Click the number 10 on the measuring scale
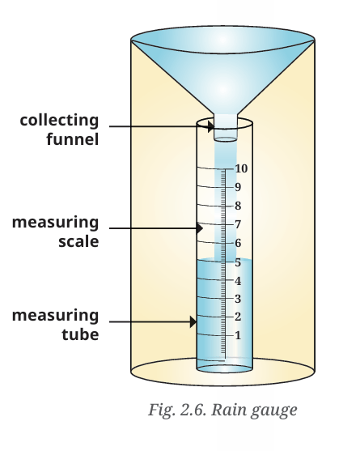[x=241, y=168]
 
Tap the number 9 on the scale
[x=238, y=187]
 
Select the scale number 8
[x=238, y=206]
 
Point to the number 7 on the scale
[x=238, y=224]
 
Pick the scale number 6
[x=238, y=243]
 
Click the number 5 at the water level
[x=238, y=262]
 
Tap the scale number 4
[x=238, y=281]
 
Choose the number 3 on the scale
[x=238, y=299]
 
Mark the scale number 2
[x=238, y=317]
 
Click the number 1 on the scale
[x=238, y=335]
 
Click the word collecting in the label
[x=60, y=121]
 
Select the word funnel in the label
[x=73, y=139]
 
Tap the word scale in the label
[x=78, y=241]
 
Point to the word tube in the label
[x=80, y=334]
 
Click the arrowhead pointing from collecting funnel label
[x=211, y=126]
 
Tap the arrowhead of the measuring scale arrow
[x=200, y=228]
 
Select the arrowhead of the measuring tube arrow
[x=193, y=321]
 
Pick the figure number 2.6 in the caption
[x=193, y=410]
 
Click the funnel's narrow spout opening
[x=226, y=139]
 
